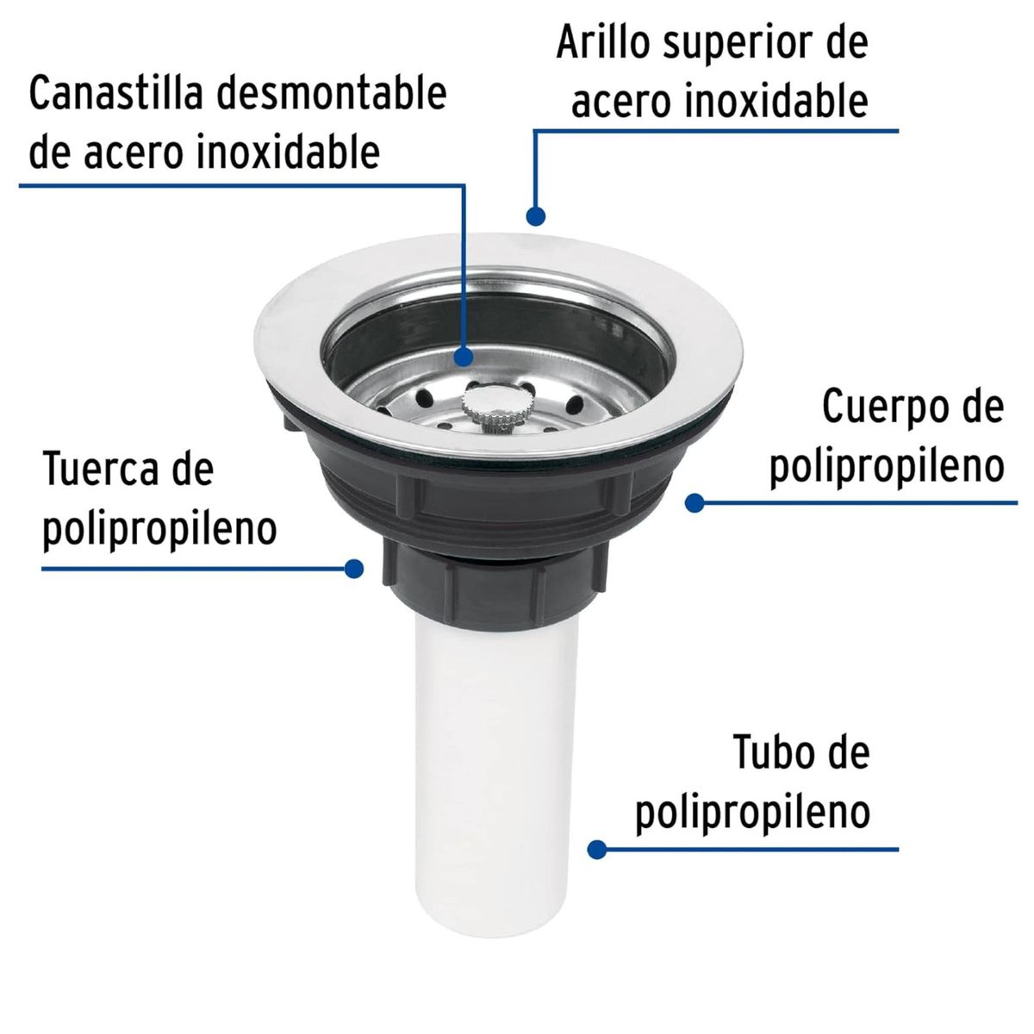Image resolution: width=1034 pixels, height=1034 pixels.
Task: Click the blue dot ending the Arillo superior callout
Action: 535,215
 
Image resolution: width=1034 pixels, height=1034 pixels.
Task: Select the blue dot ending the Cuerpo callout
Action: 695,501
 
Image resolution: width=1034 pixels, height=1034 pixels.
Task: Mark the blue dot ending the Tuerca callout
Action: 353,568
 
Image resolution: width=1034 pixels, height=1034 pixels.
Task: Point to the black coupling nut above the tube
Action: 465,585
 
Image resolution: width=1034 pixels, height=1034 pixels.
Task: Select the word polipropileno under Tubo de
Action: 752,813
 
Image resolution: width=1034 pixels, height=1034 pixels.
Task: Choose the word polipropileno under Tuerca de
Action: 159,529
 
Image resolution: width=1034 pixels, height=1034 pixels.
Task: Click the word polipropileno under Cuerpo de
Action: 887,467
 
